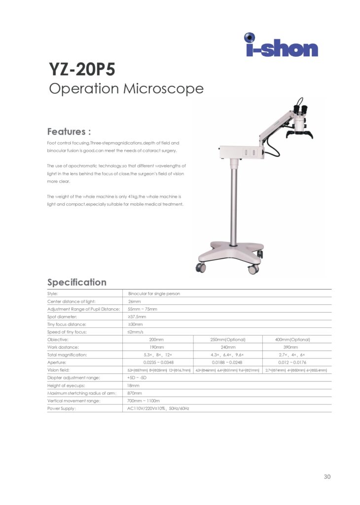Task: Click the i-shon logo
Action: (281, 45)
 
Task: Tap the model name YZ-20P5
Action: (82, 70)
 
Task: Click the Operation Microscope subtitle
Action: (126, 89)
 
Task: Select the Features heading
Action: (69, 132)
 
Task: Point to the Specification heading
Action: (76, 282)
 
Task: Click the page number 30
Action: (327, 476)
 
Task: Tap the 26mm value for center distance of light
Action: (134, 301)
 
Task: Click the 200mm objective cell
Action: (157, 340)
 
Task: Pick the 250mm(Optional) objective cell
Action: (227, 340)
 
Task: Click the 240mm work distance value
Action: (227, 347)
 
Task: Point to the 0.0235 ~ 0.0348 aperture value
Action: (157, 362)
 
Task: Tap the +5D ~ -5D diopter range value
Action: (137, 378)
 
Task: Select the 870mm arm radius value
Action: (135, 393)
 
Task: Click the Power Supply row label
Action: (62, 408)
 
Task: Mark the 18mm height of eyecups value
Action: (134, 385)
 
